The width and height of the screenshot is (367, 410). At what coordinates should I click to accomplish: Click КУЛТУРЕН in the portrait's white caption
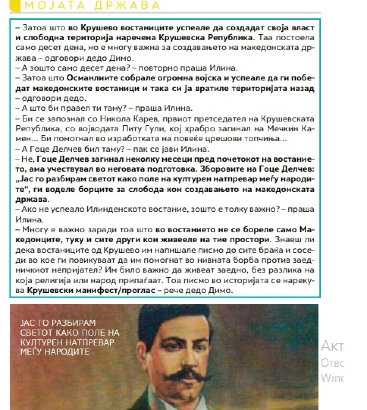[42, 342]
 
